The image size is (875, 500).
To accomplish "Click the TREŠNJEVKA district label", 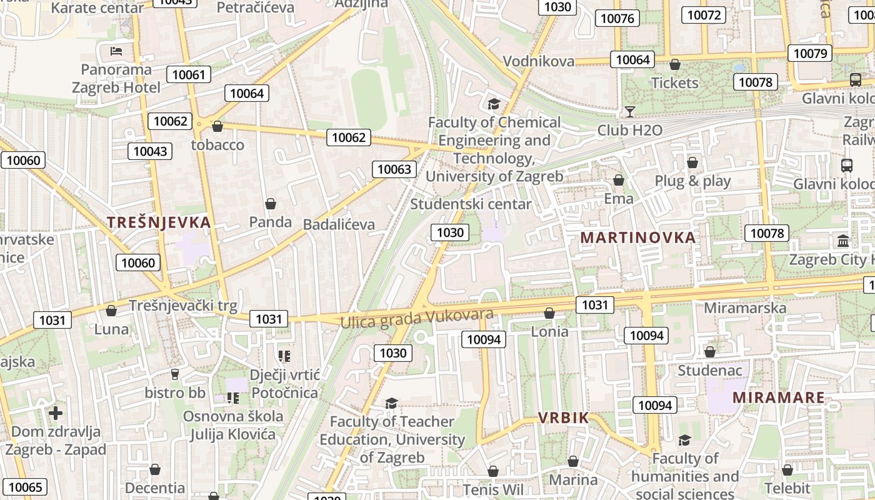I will coord(159,222).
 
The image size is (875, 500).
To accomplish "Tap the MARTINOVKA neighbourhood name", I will coord(638,237).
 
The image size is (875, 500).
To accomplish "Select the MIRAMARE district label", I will coord(778,397).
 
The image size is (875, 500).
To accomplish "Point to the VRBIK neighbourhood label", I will coord(564,418).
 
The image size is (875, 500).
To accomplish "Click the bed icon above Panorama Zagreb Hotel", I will coord(116,51).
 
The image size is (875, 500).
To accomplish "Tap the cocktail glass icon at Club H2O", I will coord(629,112).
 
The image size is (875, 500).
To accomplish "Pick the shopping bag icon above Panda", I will coord(271,204).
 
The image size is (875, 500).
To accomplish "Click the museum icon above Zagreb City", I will coord(843,241).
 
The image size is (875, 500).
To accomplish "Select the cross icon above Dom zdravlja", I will coord(56,413).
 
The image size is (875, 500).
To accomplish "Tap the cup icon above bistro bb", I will coord(175,374).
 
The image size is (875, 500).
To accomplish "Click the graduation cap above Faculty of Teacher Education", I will coord(392,403).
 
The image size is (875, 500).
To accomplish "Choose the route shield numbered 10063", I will coord(394,169).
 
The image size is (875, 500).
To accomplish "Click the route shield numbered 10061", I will coord(188,75).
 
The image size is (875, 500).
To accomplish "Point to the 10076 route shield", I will coord(617,19).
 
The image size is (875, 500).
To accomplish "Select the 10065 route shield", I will coord(25,487).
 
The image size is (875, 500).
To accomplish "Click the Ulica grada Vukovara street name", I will coord(417,317).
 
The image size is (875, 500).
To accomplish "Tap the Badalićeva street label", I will coord(339,224).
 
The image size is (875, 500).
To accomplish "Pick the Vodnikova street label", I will coord(538,61).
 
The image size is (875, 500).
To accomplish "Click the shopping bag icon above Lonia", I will coord(549,313).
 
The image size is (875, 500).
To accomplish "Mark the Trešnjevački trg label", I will coord(183,306).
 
